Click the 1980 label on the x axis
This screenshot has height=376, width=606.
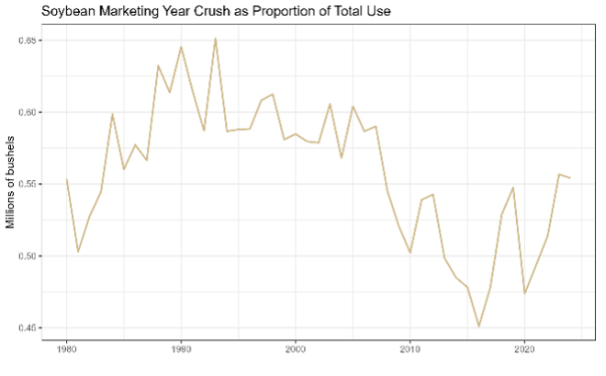(67, 350)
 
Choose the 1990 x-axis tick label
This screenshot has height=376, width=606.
(181, 350)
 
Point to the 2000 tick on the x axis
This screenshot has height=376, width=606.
(296, 350)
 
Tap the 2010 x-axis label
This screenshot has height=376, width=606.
(410, 350)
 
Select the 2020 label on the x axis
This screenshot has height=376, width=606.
(524, 350)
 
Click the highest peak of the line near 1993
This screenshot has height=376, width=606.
(215, 39)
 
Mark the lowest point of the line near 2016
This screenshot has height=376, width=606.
(478, 325)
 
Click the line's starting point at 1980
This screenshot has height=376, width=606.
(67, 179)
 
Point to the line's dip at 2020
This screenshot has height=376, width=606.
(524, 293)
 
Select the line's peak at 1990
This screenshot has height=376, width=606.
(181, 47)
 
